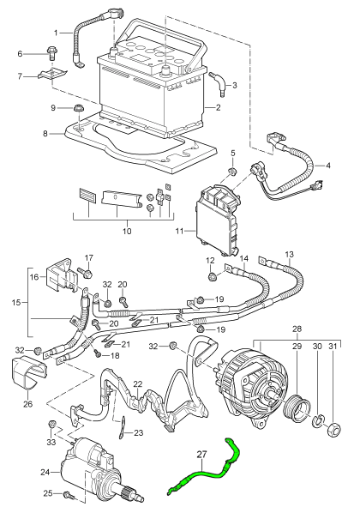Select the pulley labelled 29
pyautogui.click(x=301, y=402)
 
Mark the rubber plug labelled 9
pyautogui.click(x=79, y=109)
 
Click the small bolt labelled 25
pyautogui.click(x=68, y=495)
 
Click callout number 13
pyautogui.click(x=289, y=255)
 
